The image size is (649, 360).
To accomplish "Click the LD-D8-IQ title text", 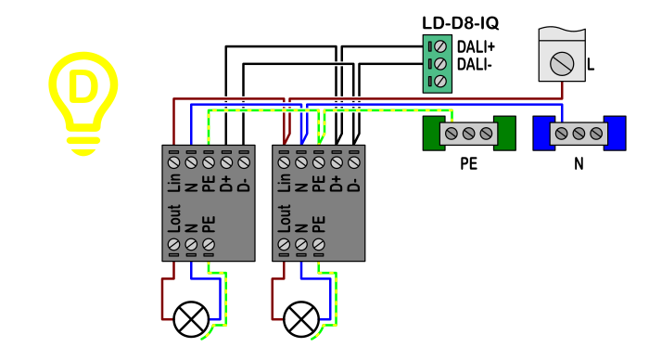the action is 460,23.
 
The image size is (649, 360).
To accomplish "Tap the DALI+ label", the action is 476,46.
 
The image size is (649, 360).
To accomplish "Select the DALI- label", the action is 475,65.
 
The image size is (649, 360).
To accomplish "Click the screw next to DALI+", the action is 440,46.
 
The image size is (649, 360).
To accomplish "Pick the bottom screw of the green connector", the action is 440,82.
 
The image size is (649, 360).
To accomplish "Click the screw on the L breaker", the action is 562,64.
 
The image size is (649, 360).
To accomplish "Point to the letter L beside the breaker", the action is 591,64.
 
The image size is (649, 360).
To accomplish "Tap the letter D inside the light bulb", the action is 83,86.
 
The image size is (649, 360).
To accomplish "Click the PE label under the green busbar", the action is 469,164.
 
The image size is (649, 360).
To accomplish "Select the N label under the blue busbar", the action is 579,164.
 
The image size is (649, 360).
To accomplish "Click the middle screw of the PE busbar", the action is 468,134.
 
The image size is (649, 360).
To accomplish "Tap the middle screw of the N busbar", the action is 579,134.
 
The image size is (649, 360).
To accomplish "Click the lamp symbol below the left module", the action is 191,319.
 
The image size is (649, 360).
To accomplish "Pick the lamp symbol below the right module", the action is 301,319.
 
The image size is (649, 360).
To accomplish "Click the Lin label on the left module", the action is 174,183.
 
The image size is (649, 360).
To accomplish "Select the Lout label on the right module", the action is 285,218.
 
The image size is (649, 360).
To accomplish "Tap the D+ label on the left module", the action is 226,184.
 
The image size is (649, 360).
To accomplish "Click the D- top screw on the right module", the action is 354,162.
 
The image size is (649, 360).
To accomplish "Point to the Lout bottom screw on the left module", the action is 174,245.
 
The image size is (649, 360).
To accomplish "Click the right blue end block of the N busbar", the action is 615,133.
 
